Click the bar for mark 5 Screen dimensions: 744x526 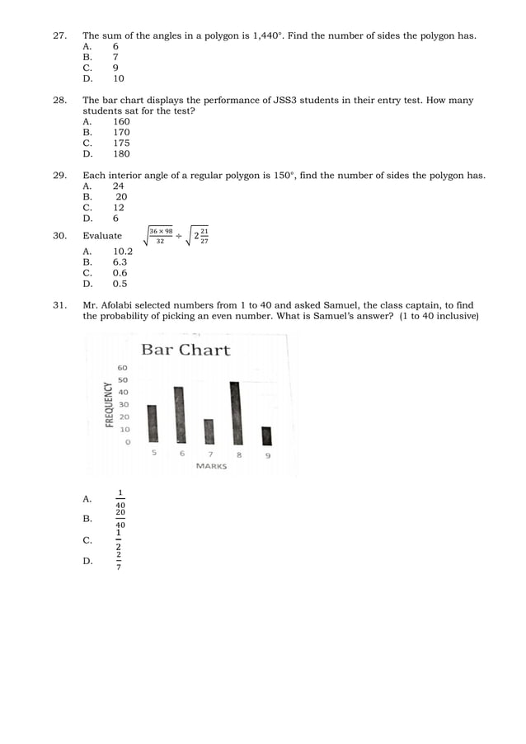152,424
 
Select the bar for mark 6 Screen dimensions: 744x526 180,415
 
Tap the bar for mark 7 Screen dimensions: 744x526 209,431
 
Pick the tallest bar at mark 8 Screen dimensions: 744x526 236,412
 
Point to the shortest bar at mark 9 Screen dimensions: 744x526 266,436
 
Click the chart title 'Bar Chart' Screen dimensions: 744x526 186,350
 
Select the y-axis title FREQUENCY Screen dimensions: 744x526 108,403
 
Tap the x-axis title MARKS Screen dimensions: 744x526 211,466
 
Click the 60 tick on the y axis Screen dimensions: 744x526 123,367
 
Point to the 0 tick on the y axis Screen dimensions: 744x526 127,442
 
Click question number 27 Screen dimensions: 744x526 59,36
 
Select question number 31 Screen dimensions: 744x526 59,305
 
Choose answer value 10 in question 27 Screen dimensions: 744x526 119,79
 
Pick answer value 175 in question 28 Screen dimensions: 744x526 121,143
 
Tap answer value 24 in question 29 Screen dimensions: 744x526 119,186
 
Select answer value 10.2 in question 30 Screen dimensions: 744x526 123,252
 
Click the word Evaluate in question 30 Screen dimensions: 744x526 102,236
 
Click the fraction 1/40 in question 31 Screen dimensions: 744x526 120,499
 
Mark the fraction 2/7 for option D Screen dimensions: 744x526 119,561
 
